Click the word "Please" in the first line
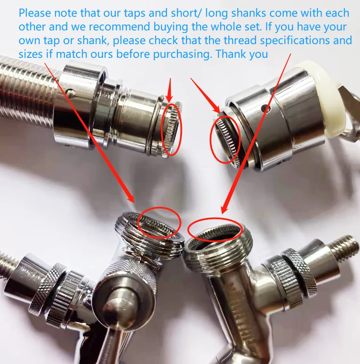tap(35, 13)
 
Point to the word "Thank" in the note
tap(230, 54)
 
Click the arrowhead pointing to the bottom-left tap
tap(131, 198)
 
